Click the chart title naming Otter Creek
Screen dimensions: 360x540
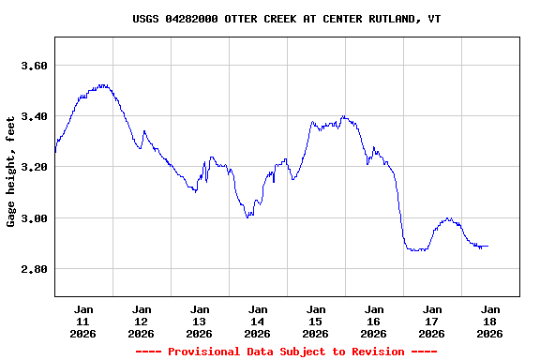(287, 19)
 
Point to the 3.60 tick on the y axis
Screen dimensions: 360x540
(34, 66)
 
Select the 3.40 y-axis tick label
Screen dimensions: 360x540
(34, 116)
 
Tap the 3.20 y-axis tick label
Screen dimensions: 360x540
(34, 167)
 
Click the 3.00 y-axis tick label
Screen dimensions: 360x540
(34, 218)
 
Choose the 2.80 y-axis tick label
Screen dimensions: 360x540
(34, 269)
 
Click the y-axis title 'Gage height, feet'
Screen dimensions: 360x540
(11, 172)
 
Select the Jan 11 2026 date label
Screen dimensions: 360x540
(83, 321)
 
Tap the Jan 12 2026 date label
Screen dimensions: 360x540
(142, 321)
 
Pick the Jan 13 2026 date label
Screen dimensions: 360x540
(200, 321)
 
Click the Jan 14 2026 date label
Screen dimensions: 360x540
(258, 321)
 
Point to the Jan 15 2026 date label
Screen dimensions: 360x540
(316, 321)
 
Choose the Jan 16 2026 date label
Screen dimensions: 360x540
(374, 321)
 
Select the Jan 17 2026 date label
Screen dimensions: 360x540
(432, 321)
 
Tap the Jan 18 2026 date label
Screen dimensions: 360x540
(489, 321)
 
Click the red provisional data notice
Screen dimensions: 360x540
(287, 352)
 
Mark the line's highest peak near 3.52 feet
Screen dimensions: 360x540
(102, 85)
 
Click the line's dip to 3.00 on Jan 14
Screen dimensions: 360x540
(247, 217)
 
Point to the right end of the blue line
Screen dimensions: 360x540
(487, 246)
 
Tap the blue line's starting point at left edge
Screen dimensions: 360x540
(55, 151)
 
